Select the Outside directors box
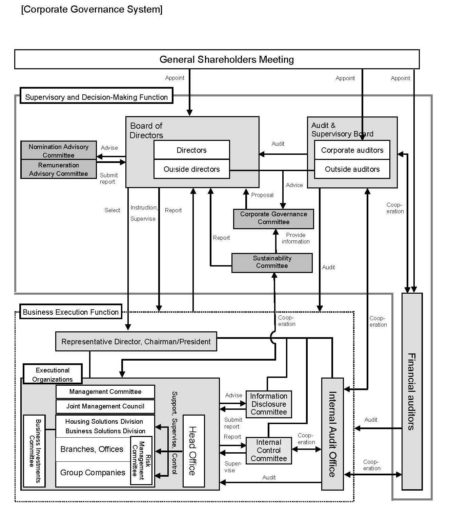[191, 169]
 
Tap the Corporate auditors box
[352, 150]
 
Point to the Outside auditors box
[352, 169]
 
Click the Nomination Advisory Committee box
[59, 151]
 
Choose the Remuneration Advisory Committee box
[59, 169]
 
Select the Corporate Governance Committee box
[273, 218]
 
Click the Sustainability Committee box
[272, 262]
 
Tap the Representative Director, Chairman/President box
[136, 342]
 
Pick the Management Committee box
[105, 392]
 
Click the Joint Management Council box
[105, 406]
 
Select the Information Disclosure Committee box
[269, 404]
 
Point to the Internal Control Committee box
[269, 451]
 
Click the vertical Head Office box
[193, 451]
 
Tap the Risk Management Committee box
[141, 460]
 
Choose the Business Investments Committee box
[34, 451]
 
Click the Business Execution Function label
[71, 312]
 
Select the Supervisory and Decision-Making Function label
[97, 97]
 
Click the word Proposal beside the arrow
[262, 195]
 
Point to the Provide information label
[295, 238]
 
